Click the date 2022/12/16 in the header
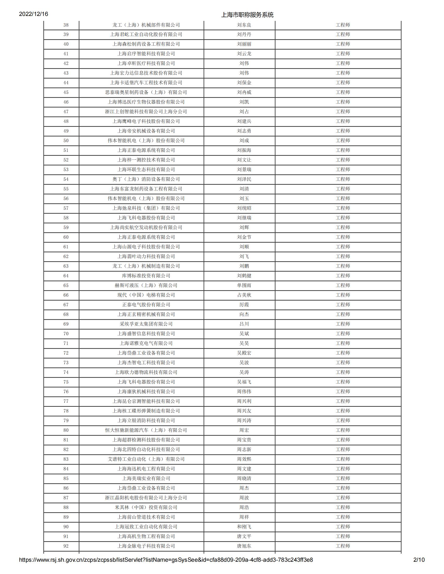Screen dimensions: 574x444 pyautogui.click(x=33, y=14)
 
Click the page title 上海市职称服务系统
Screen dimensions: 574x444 pyautogui.click(x=247, y=15)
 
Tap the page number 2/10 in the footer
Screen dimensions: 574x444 pyautogui.click(x=419, y=560)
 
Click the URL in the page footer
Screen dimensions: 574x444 pyautogui.click(x=166, y=560)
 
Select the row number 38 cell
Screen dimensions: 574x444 pyautogui.click(x=66, y=25)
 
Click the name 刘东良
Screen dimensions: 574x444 pyautogui.click(x=244, y=25)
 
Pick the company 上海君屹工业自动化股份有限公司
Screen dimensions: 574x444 pyautogui.click(x=146, y=34)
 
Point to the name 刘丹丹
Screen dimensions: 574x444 pyautogui.click(x=244, y=34)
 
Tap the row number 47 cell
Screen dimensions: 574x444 pyautogui.click(x=66, y=112)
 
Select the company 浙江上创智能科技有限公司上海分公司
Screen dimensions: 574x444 pyautogui.click(x=146, y=112)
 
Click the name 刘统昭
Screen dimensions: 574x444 pyautogui.click(x=244, y=208)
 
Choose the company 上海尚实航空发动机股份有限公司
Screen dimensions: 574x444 pyautogui.click(x=146, y=228)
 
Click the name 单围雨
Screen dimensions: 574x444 pyautogui.click(x=244, y=285)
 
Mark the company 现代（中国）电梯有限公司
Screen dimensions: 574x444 pyautogui.click(x=146, y=295)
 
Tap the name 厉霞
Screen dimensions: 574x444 pyautogui.click(x=244, y=305)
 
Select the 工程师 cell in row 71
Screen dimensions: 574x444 pyautogui.click(x=343, y=343)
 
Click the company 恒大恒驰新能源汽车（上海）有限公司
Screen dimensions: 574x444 pyautogui.click(x=146, y=430)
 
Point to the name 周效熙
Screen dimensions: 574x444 pyautogui.click(x=244, y=459)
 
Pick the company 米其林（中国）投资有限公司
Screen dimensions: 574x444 pyautogui.click(x=146, y=507)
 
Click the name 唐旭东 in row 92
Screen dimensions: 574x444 pyautogui.click(x=244, y=546)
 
